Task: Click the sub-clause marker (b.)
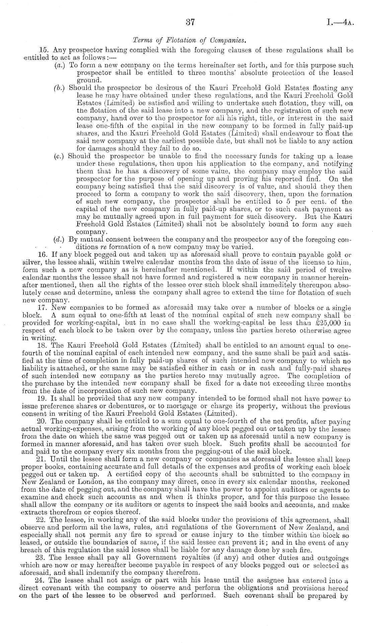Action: tap(60, 88)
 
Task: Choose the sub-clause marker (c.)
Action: tap(60, 156)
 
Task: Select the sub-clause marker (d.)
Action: tap(60, 239)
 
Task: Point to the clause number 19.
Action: tap(44, 399)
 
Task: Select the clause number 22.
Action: tap(44, 520)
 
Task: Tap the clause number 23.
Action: tap(44, 557)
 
